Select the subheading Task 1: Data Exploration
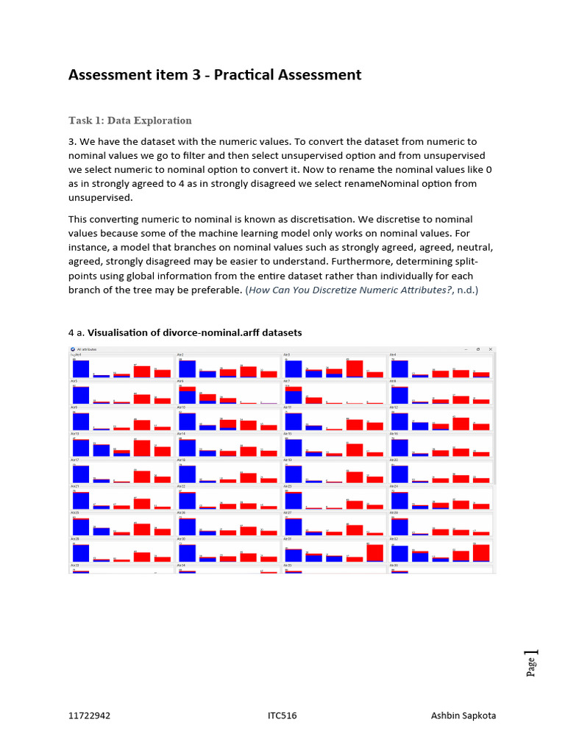(130, 121)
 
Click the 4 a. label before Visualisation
(77, 332)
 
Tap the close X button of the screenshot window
(491, 349)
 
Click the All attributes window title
(87, 349)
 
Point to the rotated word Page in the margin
(531, 668)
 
